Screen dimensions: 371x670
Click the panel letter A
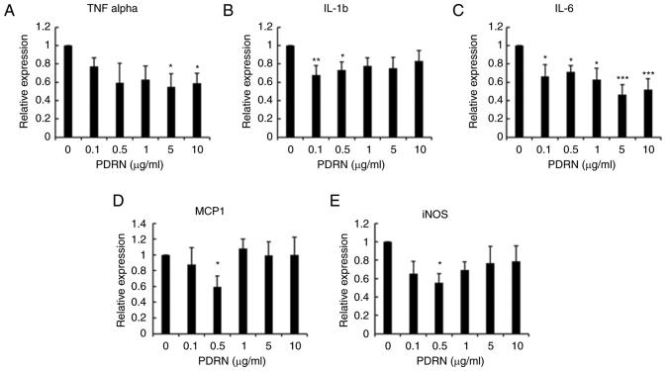pyautogui.click(x=8, y=10)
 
